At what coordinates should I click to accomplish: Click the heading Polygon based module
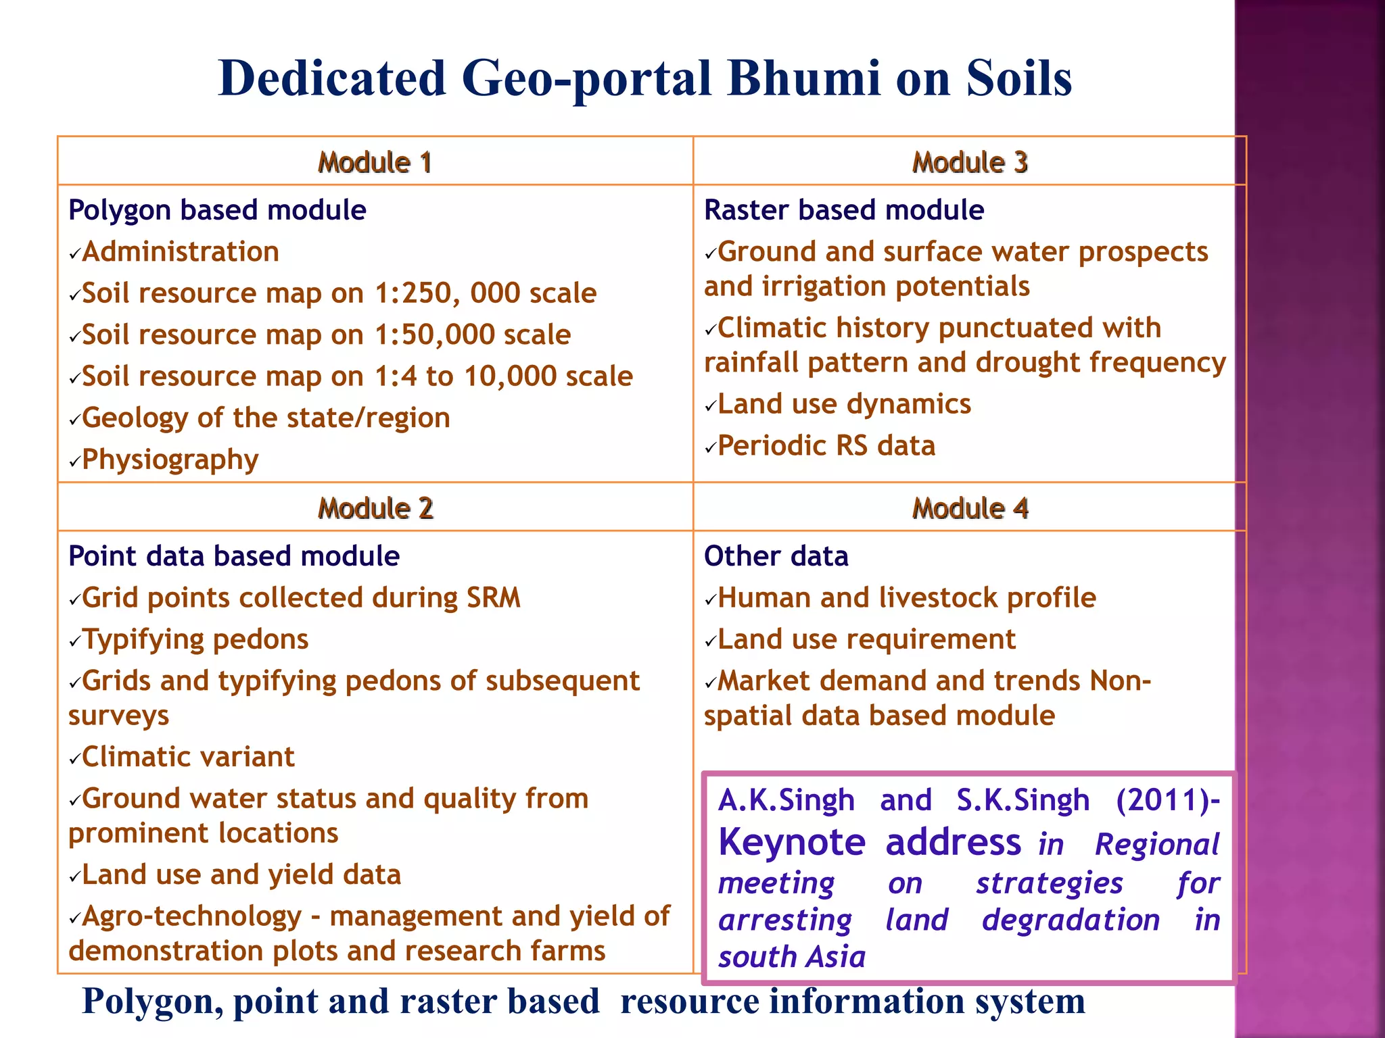coord(217,210)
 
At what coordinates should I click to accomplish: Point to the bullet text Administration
coord(181,252)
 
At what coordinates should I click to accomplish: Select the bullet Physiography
coord(170,460)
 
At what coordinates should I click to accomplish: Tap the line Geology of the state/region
coord(266,418)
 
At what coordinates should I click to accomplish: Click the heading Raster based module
coord(843,210)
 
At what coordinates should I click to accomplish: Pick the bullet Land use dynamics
coord(844,404)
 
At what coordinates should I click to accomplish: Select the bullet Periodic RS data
coord(826,446)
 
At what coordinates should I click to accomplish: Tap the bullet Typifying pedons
coord(195,639)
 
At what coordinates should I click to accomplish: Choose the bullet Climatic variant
coord(188,757)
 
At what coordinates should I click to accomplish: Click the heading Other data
coord(776,556)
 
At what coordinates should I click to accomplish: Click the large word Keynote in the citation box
coord(792,843)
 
